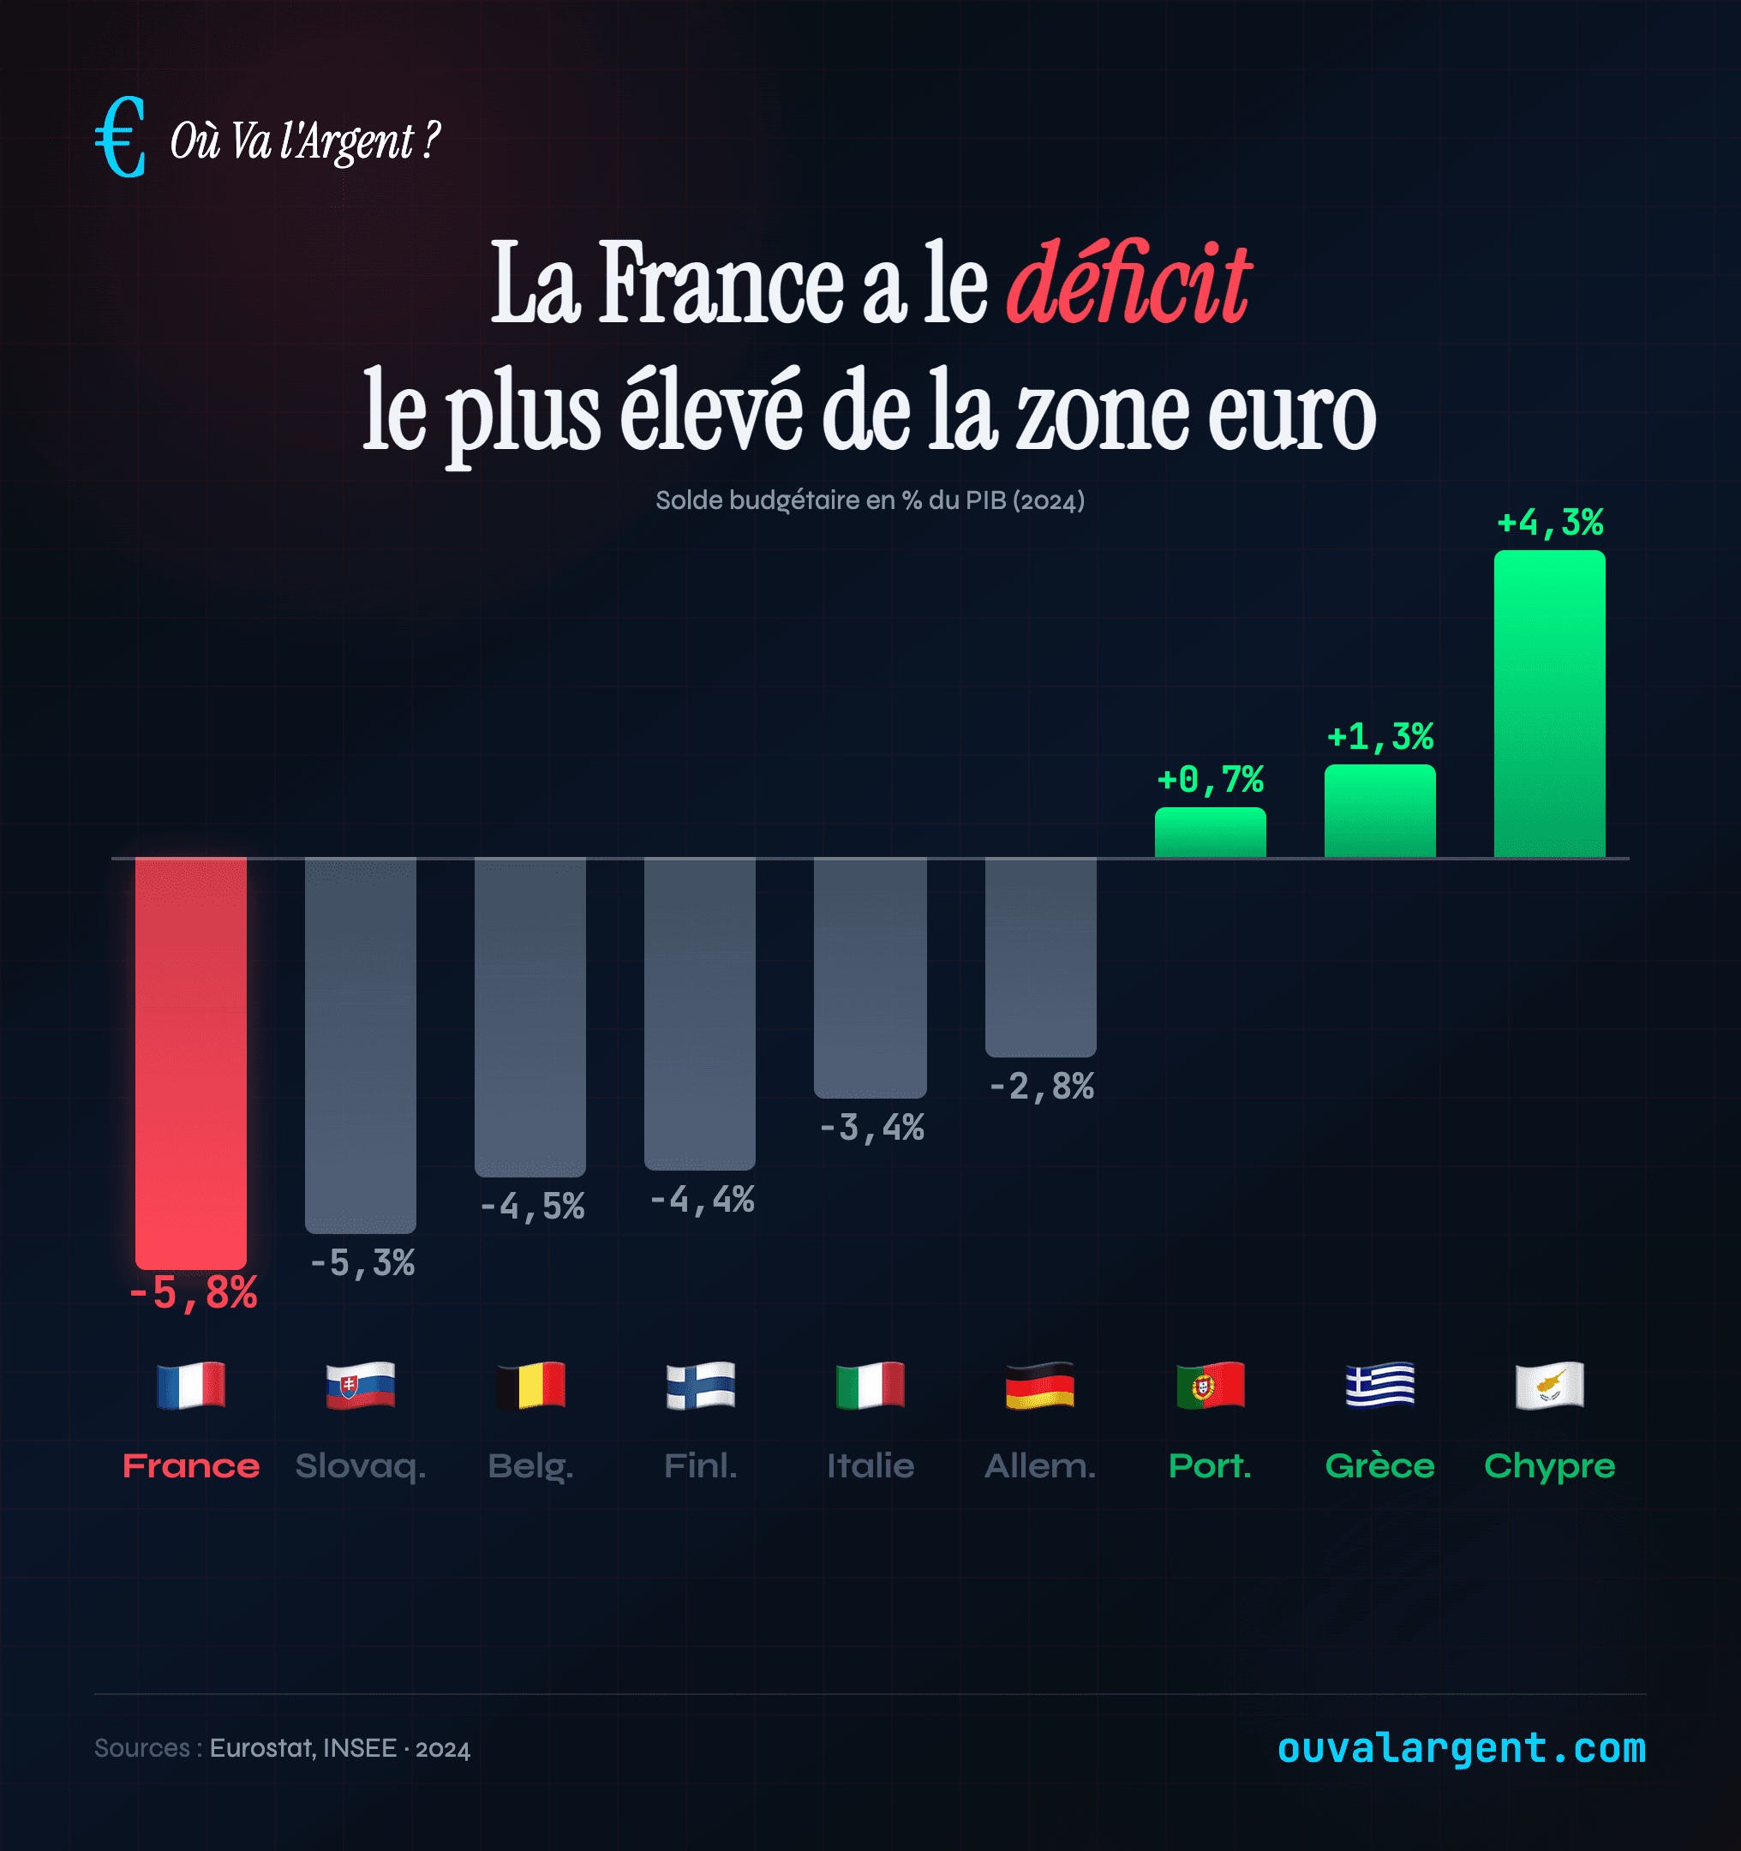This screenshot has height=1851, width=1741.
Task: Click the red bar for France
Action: (191, 1062)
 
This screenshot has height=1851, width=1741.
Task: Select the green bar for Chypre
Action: (1549, 704)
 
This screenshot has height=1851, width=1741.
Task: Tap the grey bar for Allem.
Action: (1040, 956)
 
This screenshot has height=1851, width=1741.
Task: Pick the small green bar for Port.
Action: (1210, 832)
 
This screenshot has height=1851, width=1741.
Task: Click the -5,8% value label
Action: (193, 1292)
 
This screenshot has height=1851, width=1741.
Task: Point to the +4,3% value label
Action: (1549, 523)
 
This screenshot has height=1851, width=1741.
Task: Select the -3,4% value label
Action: (871, 1128)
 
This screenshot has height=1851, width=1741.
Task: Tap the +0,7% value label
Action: (1210, 779)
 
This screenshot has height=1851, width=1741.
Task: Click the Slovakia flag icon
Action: (361, 1385)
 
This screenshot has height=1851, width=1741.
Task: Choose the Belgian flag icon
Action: (529, 1385)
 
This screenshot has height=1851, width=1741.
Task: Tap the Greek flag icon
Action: (1379, 1385)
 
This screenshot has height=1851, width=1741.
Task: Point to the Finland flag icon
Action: (700, 1385)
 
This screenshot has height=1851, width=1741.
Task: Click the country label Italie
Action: (870, 1465)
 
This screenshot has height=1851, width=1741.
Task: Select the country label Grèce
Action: (1379, 1465)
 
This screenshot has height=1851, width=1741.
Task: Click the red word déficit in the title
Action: (1128, 283)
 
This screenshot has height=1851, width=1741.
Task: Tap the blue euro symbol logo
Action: (121, 138)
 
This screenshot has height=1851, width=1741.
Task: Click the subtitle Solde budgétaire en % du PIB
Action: (870, 501)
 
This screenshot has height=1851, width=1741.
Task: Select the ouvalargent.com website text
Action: (1461, 1747)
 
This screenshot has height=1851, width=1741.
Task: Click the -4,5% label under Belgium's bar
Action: (531, 1207)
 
